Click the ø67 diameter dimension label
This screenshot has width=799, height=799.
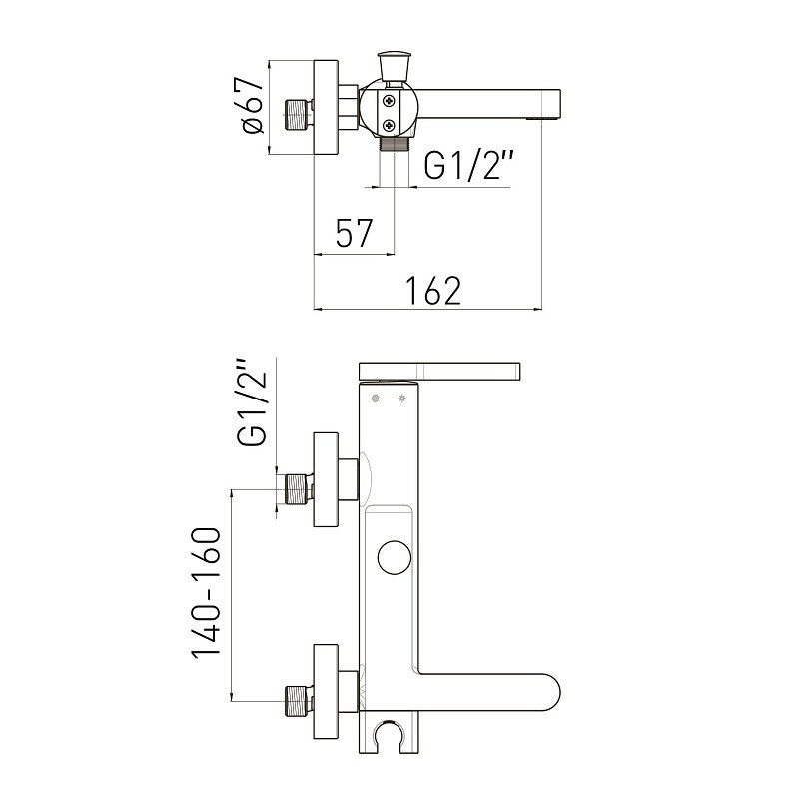click(x=254, y=105)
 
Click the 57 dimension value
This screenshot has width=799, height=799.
click(x=355, y=233)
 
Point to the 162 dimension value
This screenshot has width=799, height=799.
click(x=433, y=291)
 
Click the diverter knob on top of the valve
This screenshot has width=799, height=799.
click(x=394, y=65)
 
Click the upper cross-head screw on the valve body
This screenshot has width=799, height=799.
click(x=390, y=101)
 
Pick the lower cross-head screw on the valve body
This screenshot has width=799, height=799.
click(x=390, y=124)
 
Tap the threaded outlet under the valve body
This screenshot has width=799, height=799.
click(x=395, y=143)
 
